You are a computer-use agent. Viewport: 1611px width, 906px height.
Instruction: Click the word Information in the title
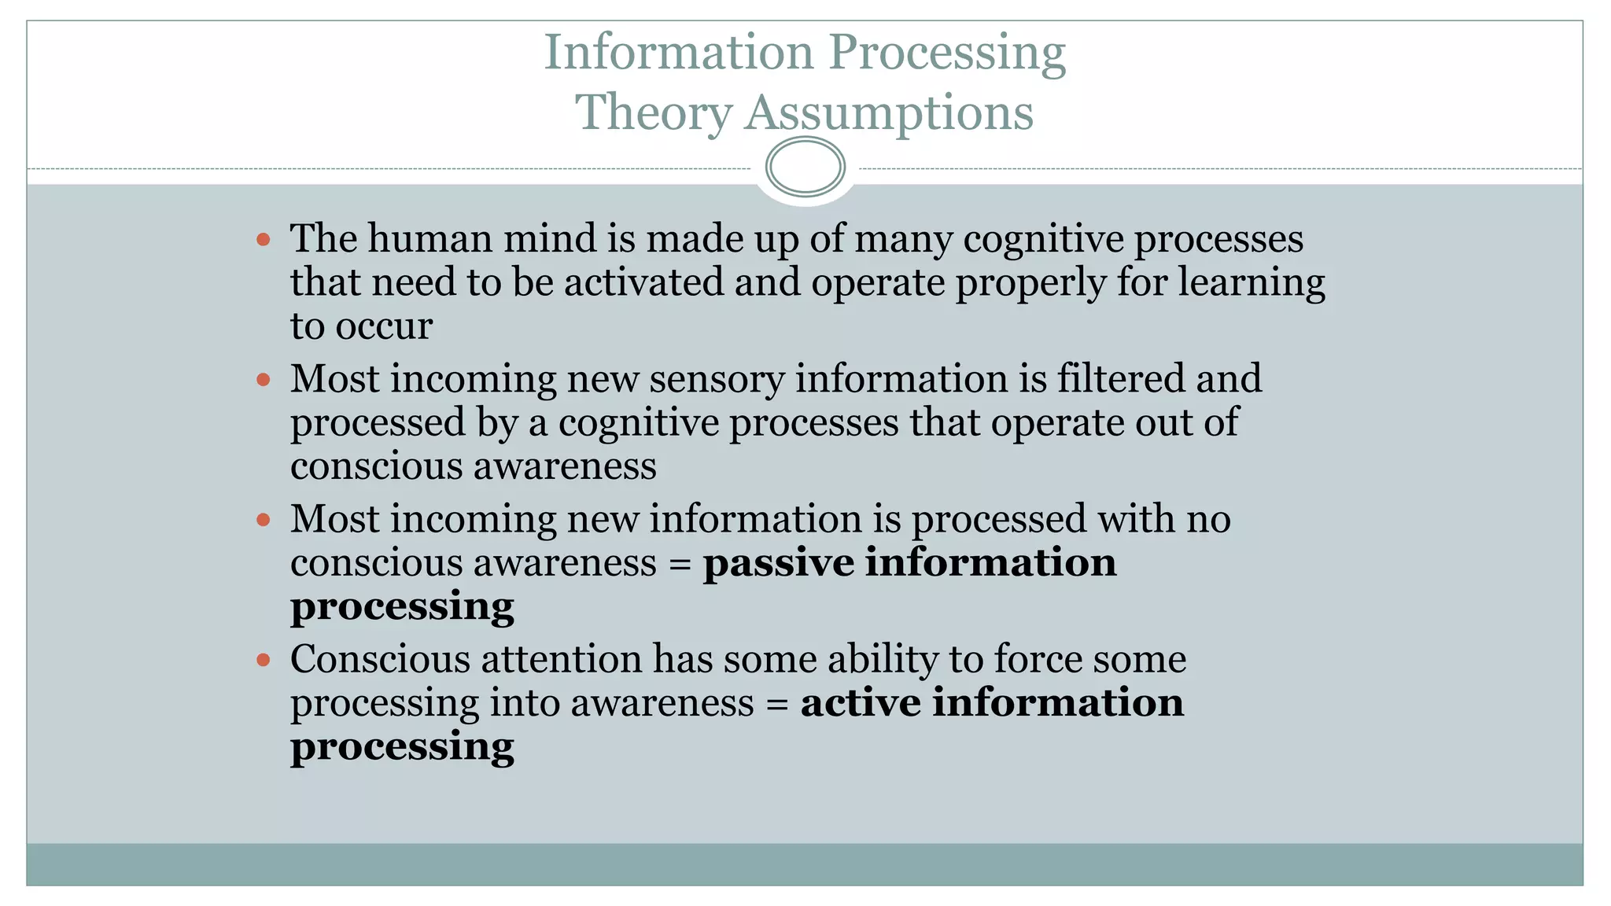[678, 52]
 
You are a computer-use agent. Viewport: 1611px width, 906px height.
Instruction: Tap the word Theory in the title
[653, 112]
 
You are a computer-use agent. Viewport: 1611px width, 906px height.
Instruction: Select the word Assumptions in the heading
[888, 112]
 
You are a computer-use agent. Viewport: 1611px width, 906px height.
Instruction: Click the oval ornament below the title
[805, 167]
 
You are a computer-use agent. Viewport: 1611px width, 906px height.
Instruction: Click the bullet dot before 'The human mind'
[264, 239]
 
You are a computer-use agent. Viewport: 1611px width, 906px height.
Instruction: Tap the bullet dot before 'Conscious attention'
[264, 659]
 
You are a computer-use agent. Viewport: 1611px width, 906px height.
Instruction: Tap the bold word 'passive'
[778, 563]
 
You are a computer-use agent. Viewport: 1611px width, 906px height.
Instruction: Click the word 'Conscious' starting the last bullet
[380, 659]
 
